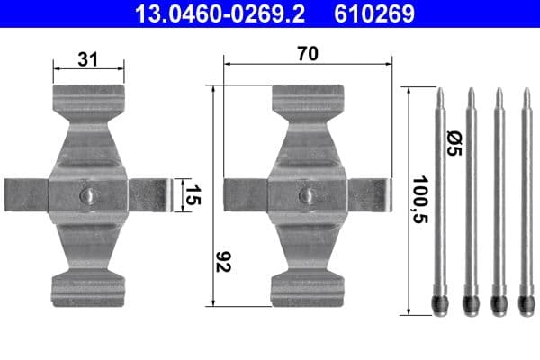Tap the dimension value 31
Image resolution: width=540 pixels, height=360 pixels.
88,59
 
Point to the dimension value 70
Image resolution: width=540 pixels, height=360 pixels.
308,54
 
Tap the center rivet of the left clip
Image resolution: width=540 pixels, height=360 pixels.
87,195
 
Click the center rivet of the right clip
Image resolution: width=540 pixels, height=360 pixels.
307,195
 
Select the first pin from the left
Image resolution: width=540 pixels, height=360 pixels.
440,198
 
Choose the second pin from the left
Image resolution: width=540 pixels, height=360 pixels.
469,198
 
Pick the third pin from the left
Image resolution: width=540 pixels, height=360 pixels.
498,198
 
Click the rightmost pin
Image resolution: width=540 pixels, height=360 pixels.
526,198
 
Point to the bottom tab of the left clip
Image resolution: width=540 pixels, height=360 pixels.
87,288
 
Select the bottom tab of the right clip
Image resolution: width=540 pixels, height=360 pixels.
307,288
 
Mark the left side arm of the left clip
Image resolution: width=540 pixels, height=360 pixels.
25,195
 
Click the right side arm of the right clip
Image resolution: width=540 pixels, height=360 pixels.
369,195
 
